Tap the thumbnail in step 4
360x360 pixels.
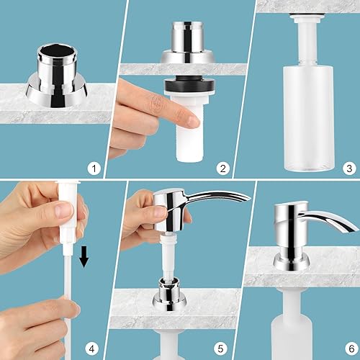[63, 211]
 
